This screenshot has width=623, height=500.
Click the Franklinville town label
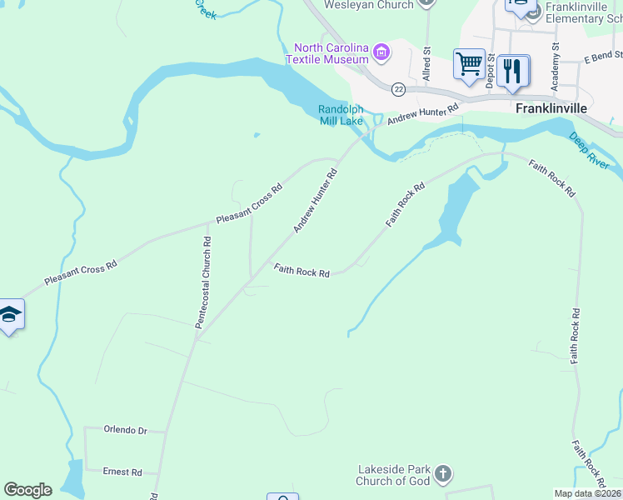pyautogui.click(x=551, y=108)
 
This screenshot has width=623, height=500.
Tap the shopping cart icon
pyautogui.click(x=469, y=63)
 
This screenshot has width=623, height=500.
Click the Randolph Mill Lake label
pyautogui.click(x=341, y=115)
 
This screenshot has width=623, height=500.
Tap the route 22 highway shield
pyautogui.click(x=400, y=88)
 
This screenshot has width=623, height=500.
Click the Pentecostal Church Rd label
pyautogui.click(x=203, y=282)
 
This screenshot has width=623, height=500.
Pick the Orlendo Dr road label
pyautogui.click(x=125, y=430)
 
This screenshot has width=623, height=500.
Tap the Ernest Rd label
pyautogui.click(x=122, y=472)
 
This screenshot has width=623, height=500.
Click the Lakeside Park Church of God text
pyautogui.click(x=392, y=475)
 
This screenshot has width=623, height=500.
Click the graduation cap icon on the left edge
pyautogui.click(x=9, y=314)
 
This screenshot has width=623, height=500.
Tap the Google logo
pyautogui.click(x=27, y=490)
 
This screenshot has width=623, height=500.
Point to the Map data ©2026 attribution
pyautogui.click(x=587, y=493)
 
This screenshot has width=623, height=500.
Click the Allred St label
pyautogui.click(x=426, y=63)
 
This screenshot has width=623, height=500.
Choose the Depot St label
pyautogui.click(x=491, y=68)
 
